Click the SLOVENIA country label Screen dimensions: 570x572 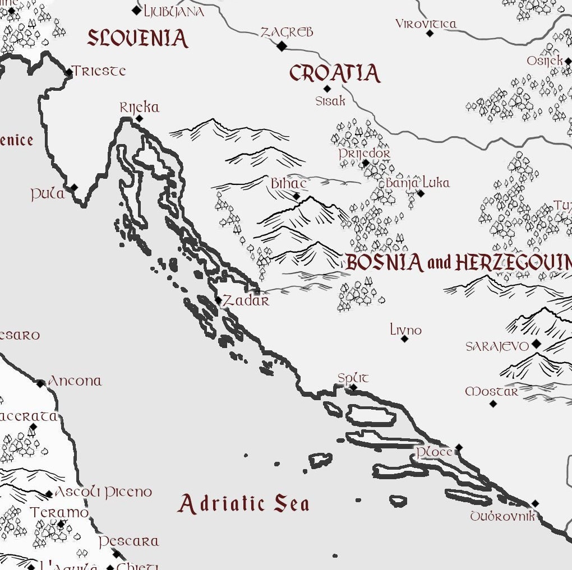click(x=137, y=39)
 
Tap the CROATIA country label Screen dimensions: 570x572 click(x=335, y=73)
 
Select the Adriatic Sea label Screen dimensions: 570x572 click(x=243, y=503)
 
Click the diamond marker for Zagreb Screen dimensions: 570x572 click(x=282, y=46)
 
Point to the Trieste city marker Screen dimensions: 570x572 click(x=69, y=72)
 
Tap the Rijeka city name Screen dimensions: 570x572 click(x=140, y=107)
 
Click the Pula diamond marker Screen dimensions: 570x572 click(x=74, y=188)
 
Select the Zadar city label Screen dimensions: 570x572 click(x=246, y=301)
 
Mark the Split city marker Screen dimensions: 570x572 click(x=353, y=387)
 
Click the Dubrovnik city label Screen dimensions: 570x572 click(x=502, y=516)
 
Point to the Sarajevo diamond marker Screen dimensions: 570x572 click(x=536, y=344)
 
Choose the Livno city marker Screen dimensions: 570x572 click(x=404, y=339)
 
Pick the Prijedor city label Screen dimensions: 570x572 click(x=365, y=153)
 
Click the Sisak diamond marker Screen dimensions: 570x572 click(x=327, y=89)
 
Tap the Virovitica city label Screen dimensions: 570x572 click(x=426, y=24)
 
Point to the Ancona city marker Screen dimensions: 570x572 click(x=40, y=384)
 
